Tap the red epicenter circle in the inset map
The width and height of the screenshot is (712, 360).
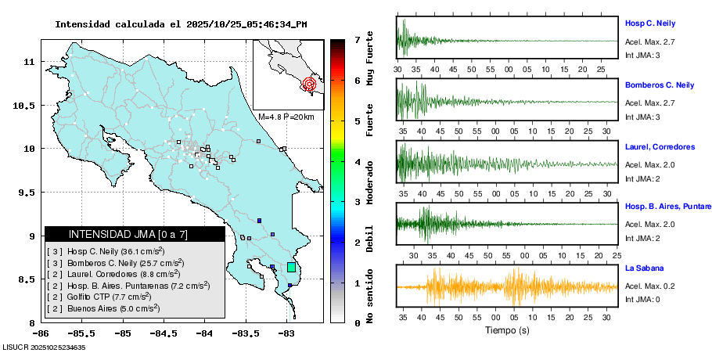[309, 83]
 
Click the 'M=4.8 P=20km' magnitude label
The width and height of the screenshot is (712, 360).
[286, 117]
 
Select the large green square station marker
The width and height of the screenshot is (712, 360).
[292, 267]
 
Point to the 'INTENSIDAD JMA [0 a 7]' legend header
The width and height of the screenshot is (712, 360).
[135, 234]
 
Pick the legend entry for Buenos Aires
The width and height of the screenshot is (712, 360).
[102, 308]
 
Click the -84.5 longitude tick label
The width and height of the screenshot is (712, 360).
[163, 333]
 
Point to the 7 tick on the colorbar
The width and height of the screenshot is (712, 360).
[357, 39]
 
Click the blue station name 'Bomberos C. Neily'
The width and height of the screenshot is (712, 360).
[659, 85]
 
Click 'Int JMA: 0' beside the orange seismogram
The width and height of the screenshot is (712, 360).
[642, 299]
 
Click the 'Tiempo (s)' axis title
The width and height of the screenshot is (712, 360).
[508, 330]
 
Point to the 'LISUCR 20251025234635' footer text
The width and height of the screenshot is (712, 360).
[44, 347]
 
